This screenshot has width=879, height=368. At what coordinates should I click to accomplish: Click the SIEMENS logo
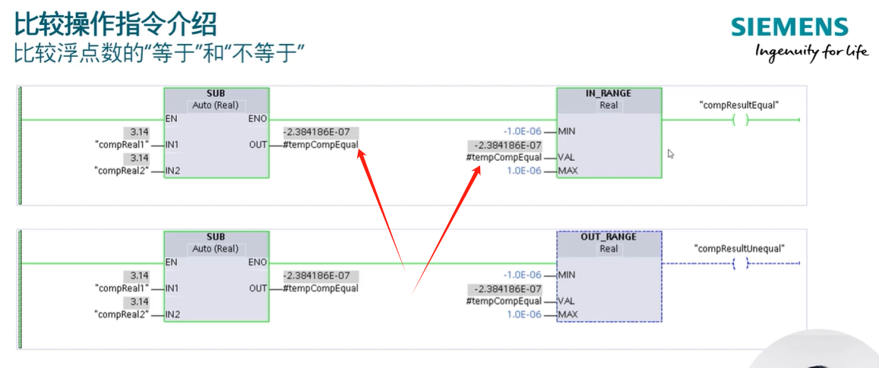789,27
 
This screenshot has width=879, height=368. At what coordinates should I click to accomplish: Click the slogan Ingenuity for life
811,52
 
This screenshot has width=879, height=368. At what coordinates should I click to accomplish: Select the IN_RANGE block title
609,93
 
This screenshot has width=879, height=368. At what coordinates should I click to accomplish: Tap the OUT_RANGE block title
609,237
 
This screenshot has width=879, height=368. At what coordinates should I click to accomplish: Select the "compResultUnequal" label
739,248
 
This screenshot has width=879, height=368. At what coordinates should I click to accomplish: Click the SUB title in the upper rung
216,93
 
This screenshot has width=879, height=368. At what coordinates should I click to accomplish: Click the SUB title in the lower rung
216,237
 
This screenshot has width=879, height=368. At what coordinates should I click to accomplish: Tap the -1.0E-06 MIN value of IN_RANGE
523,131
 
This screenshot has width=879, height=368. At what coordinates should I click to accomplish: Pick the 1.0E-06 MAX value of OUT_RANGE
524,314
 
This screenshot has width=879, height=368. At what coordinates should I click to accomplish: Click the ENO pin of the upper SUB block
258,119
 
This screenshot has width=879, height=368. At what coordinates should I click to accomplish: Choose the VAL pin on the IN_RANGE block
566,158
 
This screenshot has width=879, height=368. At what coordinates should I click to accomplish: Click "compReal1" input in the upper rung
121,144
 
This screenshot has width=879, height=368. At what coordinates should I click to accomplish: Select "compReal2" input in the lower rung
121,314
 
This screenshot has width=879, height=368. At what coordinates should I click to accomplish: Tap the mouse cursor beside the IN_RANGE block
671,154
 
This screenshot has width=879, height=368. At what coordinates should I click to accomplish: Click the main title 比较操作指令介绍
115,24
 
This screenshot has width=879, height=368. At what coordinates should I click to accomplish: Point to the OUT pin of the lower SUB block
258,288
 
